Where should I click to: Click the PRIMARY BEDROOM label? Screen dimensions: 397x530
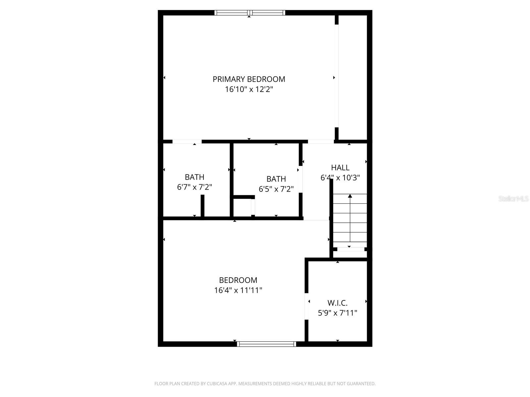(x=249, y=79)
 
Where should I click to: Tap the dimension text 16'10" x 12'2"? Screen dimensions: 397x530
(x=249, y=89)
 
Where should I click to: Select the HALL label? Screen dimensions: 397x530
(x=340, y=167)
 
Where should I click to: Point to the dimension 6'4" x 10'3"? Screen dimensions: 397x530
(x=340, y=178)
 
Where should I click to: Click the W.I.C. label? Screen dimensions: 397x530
(x=338, y=303)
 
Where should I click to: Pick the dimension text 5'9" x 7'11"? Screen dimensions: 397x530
(x=338, y=313)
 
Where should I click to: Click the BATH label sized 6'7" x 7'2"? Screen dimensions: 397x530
(x=194, y=177)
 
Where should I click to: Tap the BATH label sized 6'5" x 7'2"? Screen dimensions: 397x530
(x=276, y=179)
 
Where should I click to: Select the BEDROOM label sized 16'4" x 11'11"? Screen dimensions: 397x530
(x=238, y=280)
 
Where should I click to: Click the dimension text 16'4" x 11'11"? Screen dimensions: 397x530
(x=238, y=290)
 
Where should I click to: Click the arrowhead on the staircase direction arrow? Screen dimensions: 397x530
(x=350, y=196)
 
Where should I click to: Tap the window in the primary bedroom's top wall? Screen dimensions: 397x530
(x=250, y=13)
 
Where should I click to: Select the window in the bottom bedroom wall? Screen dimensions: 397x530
(x=267, y=344)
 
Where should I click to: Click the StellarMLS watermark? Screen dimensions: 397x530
(x=513, y=199)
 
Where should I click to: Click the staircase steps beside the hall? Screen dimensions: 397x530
(x=350, y=220)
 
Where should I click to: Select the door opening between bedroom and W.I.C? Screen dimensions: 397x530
(x=306, y=306)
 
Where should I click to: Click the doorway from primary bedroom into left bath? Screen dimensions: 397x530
(x=187, y=142)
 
